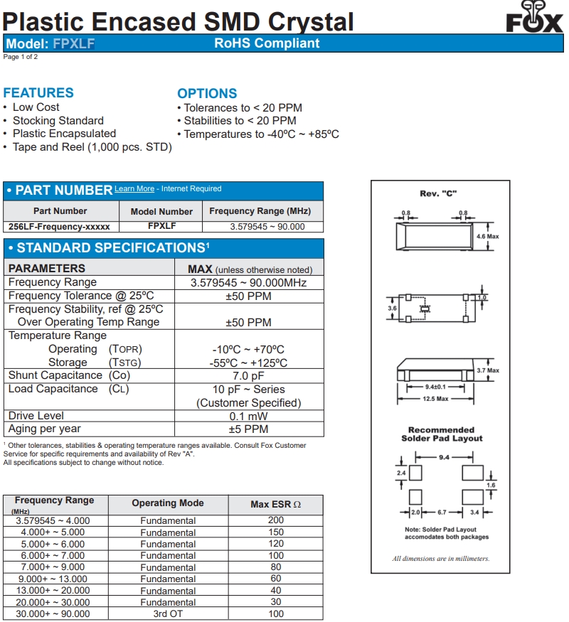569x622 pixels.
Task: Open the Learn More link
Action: pos(134,189)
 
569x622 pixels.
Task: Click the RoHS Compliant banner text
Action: pos(267,43)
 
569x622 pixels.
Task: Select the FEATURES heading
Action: pos(38,93)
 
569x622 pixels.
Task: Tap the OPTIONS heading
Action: pos(207,93)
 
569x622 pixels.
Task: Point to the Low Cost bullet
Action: pos(36,107)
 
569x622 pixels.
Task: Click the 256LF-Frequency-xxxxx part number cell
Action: pos(60,227)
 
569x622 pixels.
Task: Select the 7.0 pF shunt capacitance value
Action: pos(248,376)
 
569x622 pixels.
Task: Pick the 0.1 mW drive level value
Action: pos(248,417)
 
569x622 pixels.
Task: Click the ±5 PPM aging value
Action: pos(248,429)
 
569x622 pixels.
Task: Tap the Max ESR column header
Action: pos(275,505)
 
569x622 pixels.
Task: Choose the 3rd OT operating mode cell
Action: pos(168,614)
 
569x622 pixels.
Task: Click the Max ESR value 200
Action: pos(276,520)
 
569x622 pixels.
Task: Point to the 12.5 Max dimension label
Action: pos(436,399)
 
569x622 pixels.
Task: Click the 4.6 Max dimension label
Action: pos(488,237)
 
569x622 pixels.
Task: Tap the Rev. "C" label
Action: pos(437,194)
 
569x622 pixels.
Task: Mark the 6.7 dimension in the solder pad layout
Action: pos(442,512)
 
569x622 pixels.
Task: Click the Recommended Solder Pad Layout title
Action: pos(442,434)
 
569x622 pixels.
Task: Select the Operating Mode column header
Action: pos(168,503)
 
